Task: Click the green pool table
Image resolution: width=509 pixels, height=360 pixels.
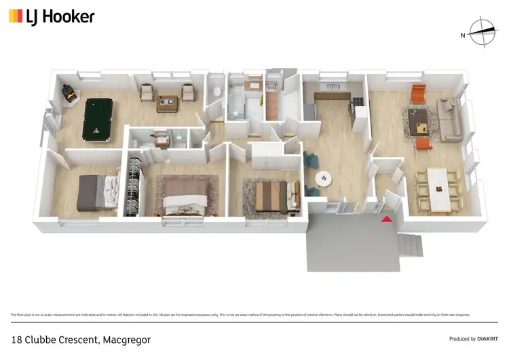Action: (x=97, y=120)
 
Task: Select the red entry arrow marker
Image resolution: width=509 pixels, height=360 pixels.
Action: (x=387, y=219)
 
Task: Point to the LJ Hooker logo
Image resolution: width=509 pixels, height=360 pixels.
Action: (x=52, y=16)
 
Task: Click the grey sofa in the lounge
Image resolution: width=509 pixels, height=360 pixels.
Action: (x=449, y=120)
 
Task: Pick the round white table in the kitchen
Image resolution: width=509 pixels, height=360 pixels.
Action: (x=324, y=178)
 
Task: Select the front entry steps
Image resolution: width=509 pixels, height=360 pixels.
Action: (x=409, y=244)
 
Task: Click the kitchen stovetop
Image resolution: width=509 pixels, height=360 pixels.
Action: (x=357, y=102)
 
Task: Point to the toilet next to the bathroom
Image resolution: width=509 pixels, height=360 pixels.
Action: (x=216, y=92)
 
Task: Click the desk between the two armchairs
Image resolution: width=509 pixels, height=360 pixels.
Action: (x=166, y=103)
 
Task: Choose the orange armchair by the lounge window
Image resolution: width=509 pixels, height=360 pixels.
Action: (x=418, y=94)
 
